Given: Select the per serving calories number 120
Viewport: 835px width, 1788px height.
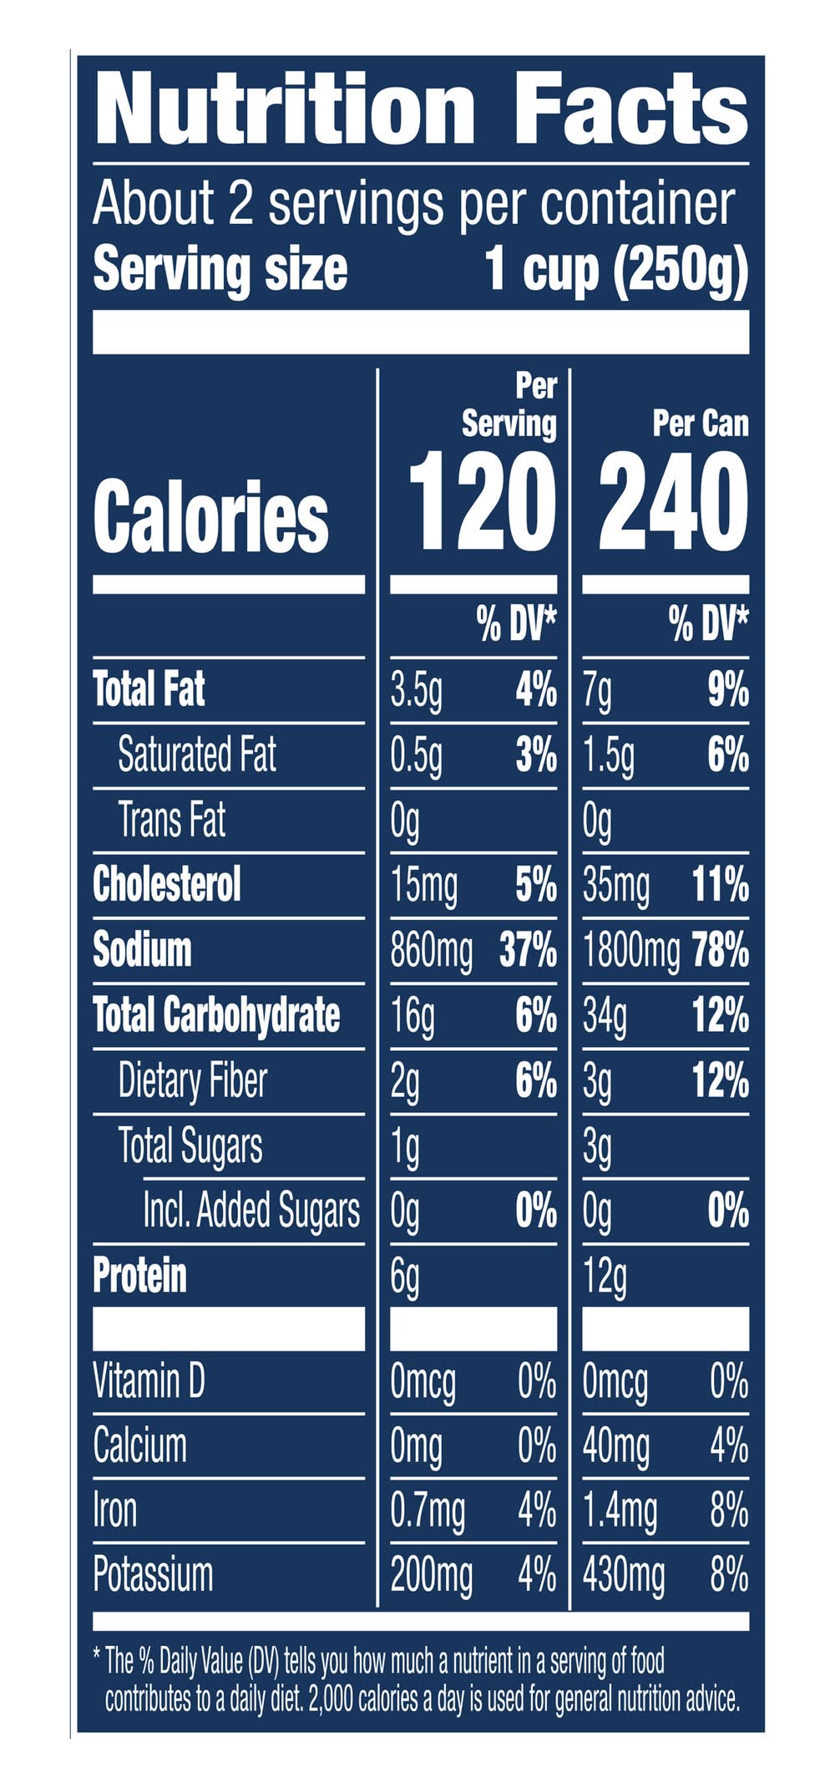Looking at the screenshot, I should pyautogui.click(x=483, y=502).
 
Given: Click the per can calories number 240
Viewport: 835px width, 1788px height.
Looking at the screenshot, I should pyautogui.click(x=673, y=502).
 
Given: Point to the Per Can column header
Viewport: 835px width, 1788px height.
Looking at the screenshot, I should pyautogui.click(x=700, y=424).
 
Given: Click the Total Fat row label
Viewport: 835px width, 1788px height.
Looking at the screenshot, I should pyautogui.click(x=149, y=690).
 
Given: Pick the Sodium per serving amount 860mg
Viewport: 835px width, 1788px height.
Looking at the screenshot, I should pyautogui.click(x=431, y=951).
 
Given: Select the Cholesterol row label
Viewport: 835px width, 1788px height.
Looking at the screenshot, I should pyautogui.click(x=167, y=885).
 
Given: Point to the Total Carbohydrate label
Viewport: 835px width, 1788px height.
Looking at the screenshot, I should pyautogui.click(x=216, y=1015).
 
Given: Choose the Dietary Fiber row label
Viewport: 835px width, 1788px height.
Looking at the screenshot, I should pyautogui.click(x=192, y=1080).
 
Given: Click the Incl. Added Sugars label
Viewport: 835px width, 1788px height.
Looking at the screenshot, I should pyautogui.click(x=251, y=1211).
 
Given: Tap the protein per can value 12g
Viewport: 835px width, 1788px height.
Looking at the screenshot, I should pyautogui.click(x=605, y=1277).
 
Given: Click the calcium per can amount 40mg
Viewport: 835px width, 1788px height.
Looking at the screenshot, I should pyautogui.click(x=615, y=1446).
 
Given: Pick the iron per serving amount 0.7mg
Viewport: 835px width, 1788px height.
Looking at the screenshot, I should pyautogui.click(x=428, y=1511).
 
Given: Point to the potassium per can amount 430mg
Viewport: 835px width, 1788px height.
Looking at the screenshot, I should pyautogui.click(x=623, y=1577).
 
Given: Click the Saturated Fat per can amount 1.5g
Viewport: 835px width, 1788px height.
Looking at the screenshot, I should pyautogui.click(x=608, y=755).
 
